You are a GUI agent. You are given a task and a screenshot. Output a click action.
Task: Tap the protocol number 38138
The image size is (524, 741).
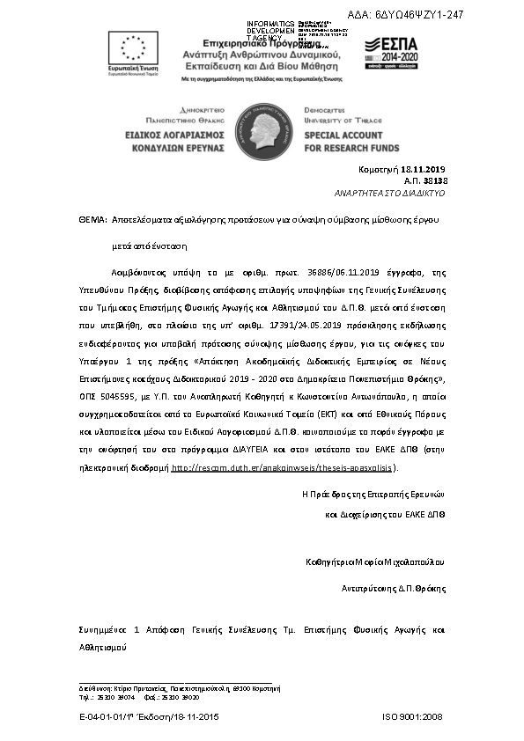click(x=436, y=180)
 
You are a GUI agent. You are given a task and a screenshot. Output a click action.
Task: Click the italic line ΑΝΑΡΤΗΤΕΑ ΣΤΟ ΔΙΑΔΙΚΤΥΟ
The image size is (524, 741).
click(x=390, y=192)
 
